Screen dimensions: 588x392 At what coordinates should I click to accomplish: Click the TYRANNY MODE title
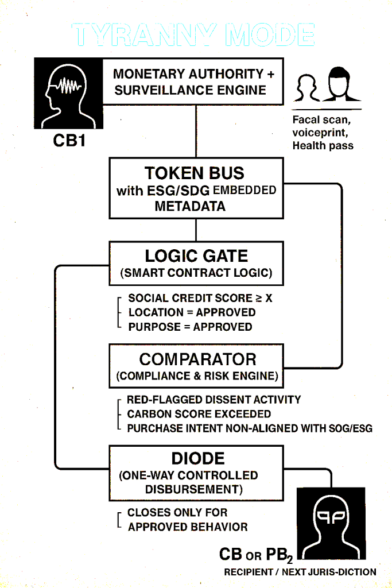(x=194, y=35)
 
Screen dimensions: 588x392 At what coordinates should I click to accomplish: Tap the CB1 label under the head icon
(x=69, y=140)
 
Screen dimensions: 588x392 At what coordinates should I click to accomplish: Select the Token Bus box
(x=196, y=189)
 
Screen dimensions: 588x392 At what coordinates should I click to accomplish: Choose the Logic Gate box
(x=196, y=264)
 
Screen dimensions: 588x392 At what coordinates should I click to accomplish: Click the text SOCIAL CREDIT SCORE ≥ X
(x=200, y=298)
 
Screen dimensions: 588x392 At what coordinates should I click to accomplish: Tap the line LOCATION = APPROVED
(x=192, y=312)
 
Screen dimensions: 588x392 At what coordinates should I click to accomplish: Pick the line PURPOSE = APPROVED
(x=190, y=327)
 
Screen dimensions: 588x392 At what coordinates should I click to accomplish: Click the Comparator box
(x=196, y=366)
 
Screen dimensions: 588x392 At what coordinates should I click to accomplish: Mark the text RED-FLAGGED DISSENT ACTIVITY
(x=214, y=400)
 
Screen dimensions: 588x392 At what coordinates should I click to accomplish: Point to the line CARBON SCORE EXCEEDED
(x=199, y=414)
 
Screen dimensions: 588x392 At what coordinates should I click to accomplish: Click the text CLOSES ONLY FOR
(x=177, y=512)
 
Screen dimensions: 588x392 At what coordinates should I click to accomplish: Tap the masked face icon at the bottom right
(x=331, y=522)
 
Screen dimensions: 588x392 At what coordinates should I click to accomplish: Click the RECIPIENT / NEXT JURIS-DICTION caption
(x=300, y=572)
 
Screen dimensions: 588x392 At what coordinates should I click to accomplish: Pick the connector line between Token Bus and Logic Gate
(x=196, y=230)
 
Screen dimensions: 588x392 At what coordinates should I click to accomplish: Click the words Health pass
(x=323, y=145)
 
